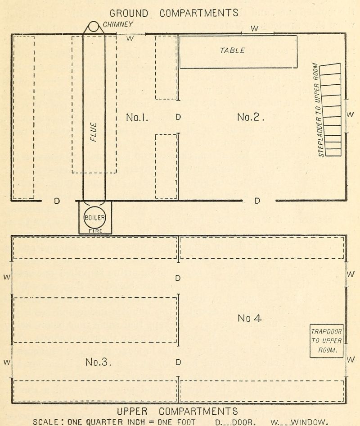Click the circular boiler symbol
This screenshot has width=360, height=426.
94,218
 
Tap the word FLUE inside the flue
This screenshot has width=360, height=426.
94,132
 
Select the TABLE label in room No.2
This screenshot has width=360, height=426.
232,50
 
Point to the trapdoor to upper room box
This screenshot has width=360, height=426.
326,341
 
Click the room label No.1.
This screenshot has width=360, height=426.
137,117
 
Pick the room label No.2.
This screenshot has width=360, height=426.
250,117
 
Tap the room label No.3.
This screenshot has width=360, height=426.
98,362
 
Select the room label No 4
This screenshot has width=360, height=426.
249,318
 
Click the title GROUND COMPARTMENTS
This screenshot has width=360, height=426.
174,13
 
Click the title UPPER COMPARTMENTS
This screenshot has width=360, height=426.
177,411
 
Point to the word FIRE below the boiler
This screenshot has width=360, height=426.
95,231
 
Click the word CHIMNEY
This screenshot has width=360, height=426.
118,24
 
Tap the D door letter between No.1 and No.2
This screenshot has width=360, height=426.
178,117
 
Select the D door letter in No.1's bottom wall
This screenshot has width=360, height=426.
57,201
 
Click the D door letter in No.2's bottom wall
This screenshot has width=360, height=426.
257,201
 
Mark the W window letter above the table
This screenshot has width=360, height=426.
254,28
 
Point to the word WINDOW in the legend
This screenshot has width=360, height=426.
309,422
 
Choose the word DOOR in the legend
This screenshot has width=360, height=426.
244,422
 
